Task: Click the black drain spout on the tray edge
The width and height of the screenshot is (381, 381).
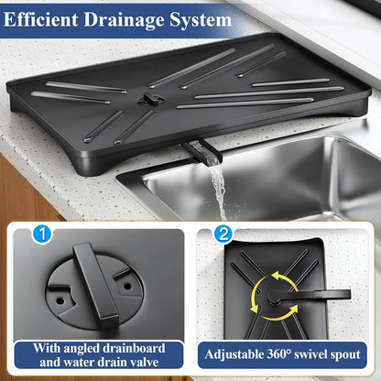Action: coord(196,149)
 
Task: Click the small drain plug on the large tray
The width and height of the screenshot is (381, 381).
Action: coord(147,97)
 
